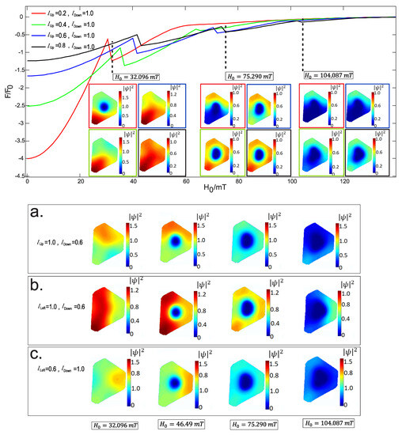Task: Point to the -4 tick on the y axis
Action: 19,158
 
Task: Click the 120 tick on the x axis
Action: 345,183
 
